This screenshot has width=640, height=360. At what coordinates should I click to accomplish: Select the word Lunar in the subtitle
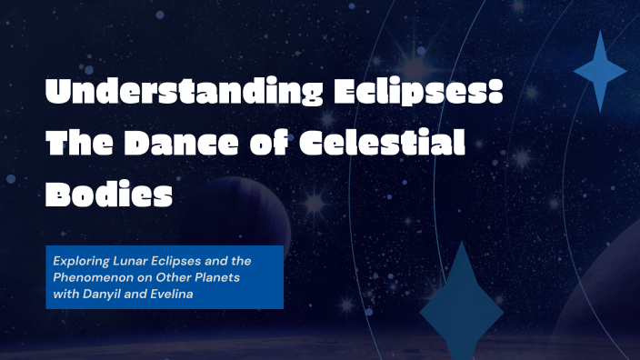[127, 261]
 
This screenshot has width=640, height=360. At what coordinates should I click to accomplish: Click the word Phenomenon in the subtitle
[91, 276]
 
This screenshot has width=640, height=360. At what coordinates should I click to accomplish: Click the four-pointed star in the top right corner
[599, 71]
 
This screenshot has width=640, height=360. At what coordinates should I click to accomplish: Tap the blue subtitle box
[165, 276]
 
